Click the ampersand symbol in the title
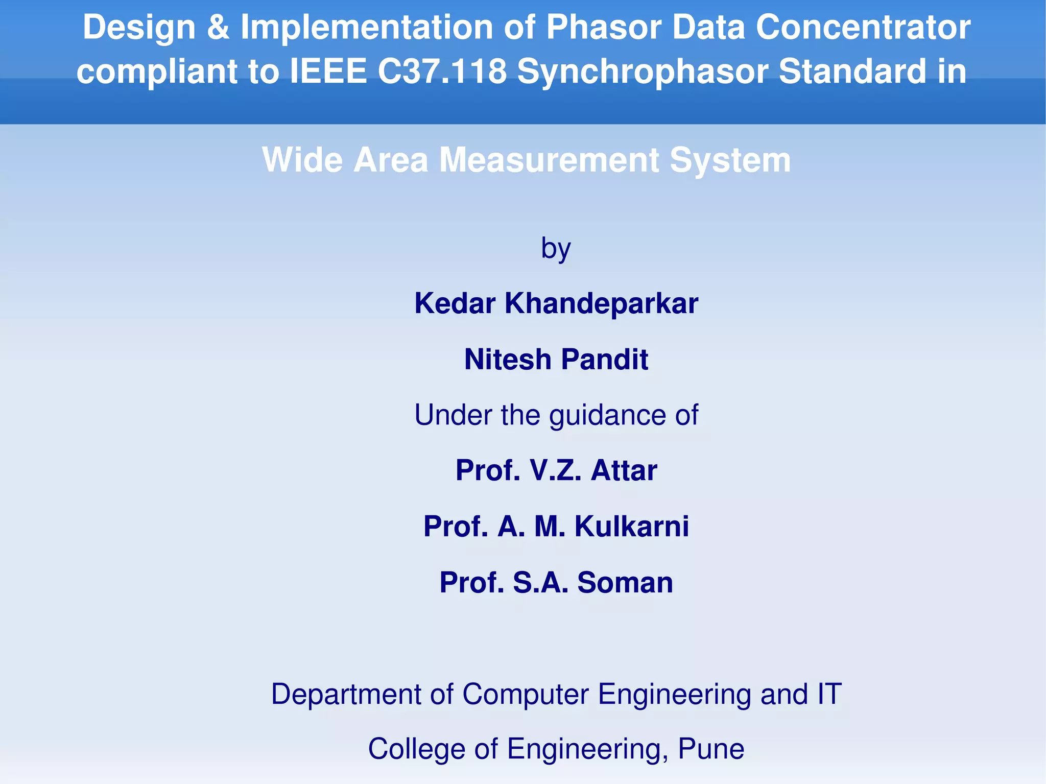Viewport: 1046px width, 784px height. (218, 27)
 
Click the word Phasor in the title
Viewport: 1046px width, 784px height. (603, 27)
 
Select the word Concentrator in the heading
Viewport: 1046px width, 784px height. (863, 27)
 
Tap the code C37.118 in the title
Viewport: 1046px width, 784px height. (442, 71)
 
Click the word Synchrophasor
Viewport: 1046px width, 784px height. (643, 71)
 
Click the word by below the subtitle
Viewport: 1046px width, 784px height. (556, 249)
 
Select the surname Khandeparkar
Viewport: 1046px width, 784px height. (601, 303)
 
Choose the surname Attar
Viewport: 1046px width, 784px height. (624, 470)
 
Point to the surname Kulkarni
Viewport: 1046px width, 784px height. (632, 526)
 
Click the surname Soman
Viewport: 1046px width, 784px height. (625, 582)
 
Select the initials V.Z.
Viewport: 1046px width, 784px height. (556, 470)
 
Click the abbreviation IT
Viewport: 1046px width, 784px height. (829, 694)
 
